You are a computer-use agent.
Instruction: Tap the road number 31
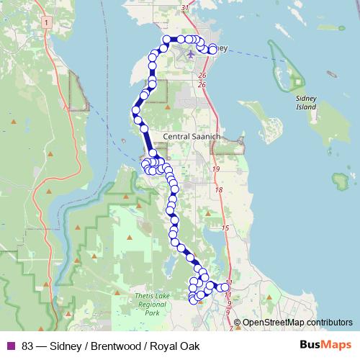click(x=186, y=8)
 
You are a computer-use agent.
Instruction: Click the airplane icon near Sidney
click(x=190, y=53)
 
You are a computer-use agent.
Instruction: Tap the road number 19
click(x=216, y=168)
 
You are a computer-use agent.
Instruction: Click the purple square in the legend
click(x=11, y=346)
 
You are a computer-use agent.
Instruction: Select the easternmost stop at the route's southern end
click(x=225, y=287)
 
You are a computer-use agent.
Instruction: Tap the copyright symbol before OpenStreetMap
click(x=237, y=322)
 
